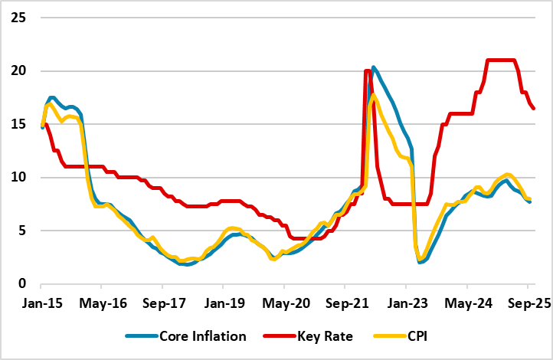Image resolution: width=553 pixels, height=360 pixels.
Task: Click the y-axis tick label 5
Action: tap(21, 230)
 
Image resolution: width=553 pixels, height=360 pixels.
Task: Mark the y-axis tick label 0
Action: tap(21, 283)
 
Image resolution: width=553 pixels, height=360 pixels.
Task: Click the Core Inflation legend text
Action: tap(203, 335)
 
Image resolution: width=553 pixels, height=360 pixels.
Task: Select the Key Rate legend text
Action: tap(316, 335)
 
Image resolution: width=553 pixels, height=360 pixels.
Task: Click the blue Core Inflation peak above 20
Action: tap(373, 68)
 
